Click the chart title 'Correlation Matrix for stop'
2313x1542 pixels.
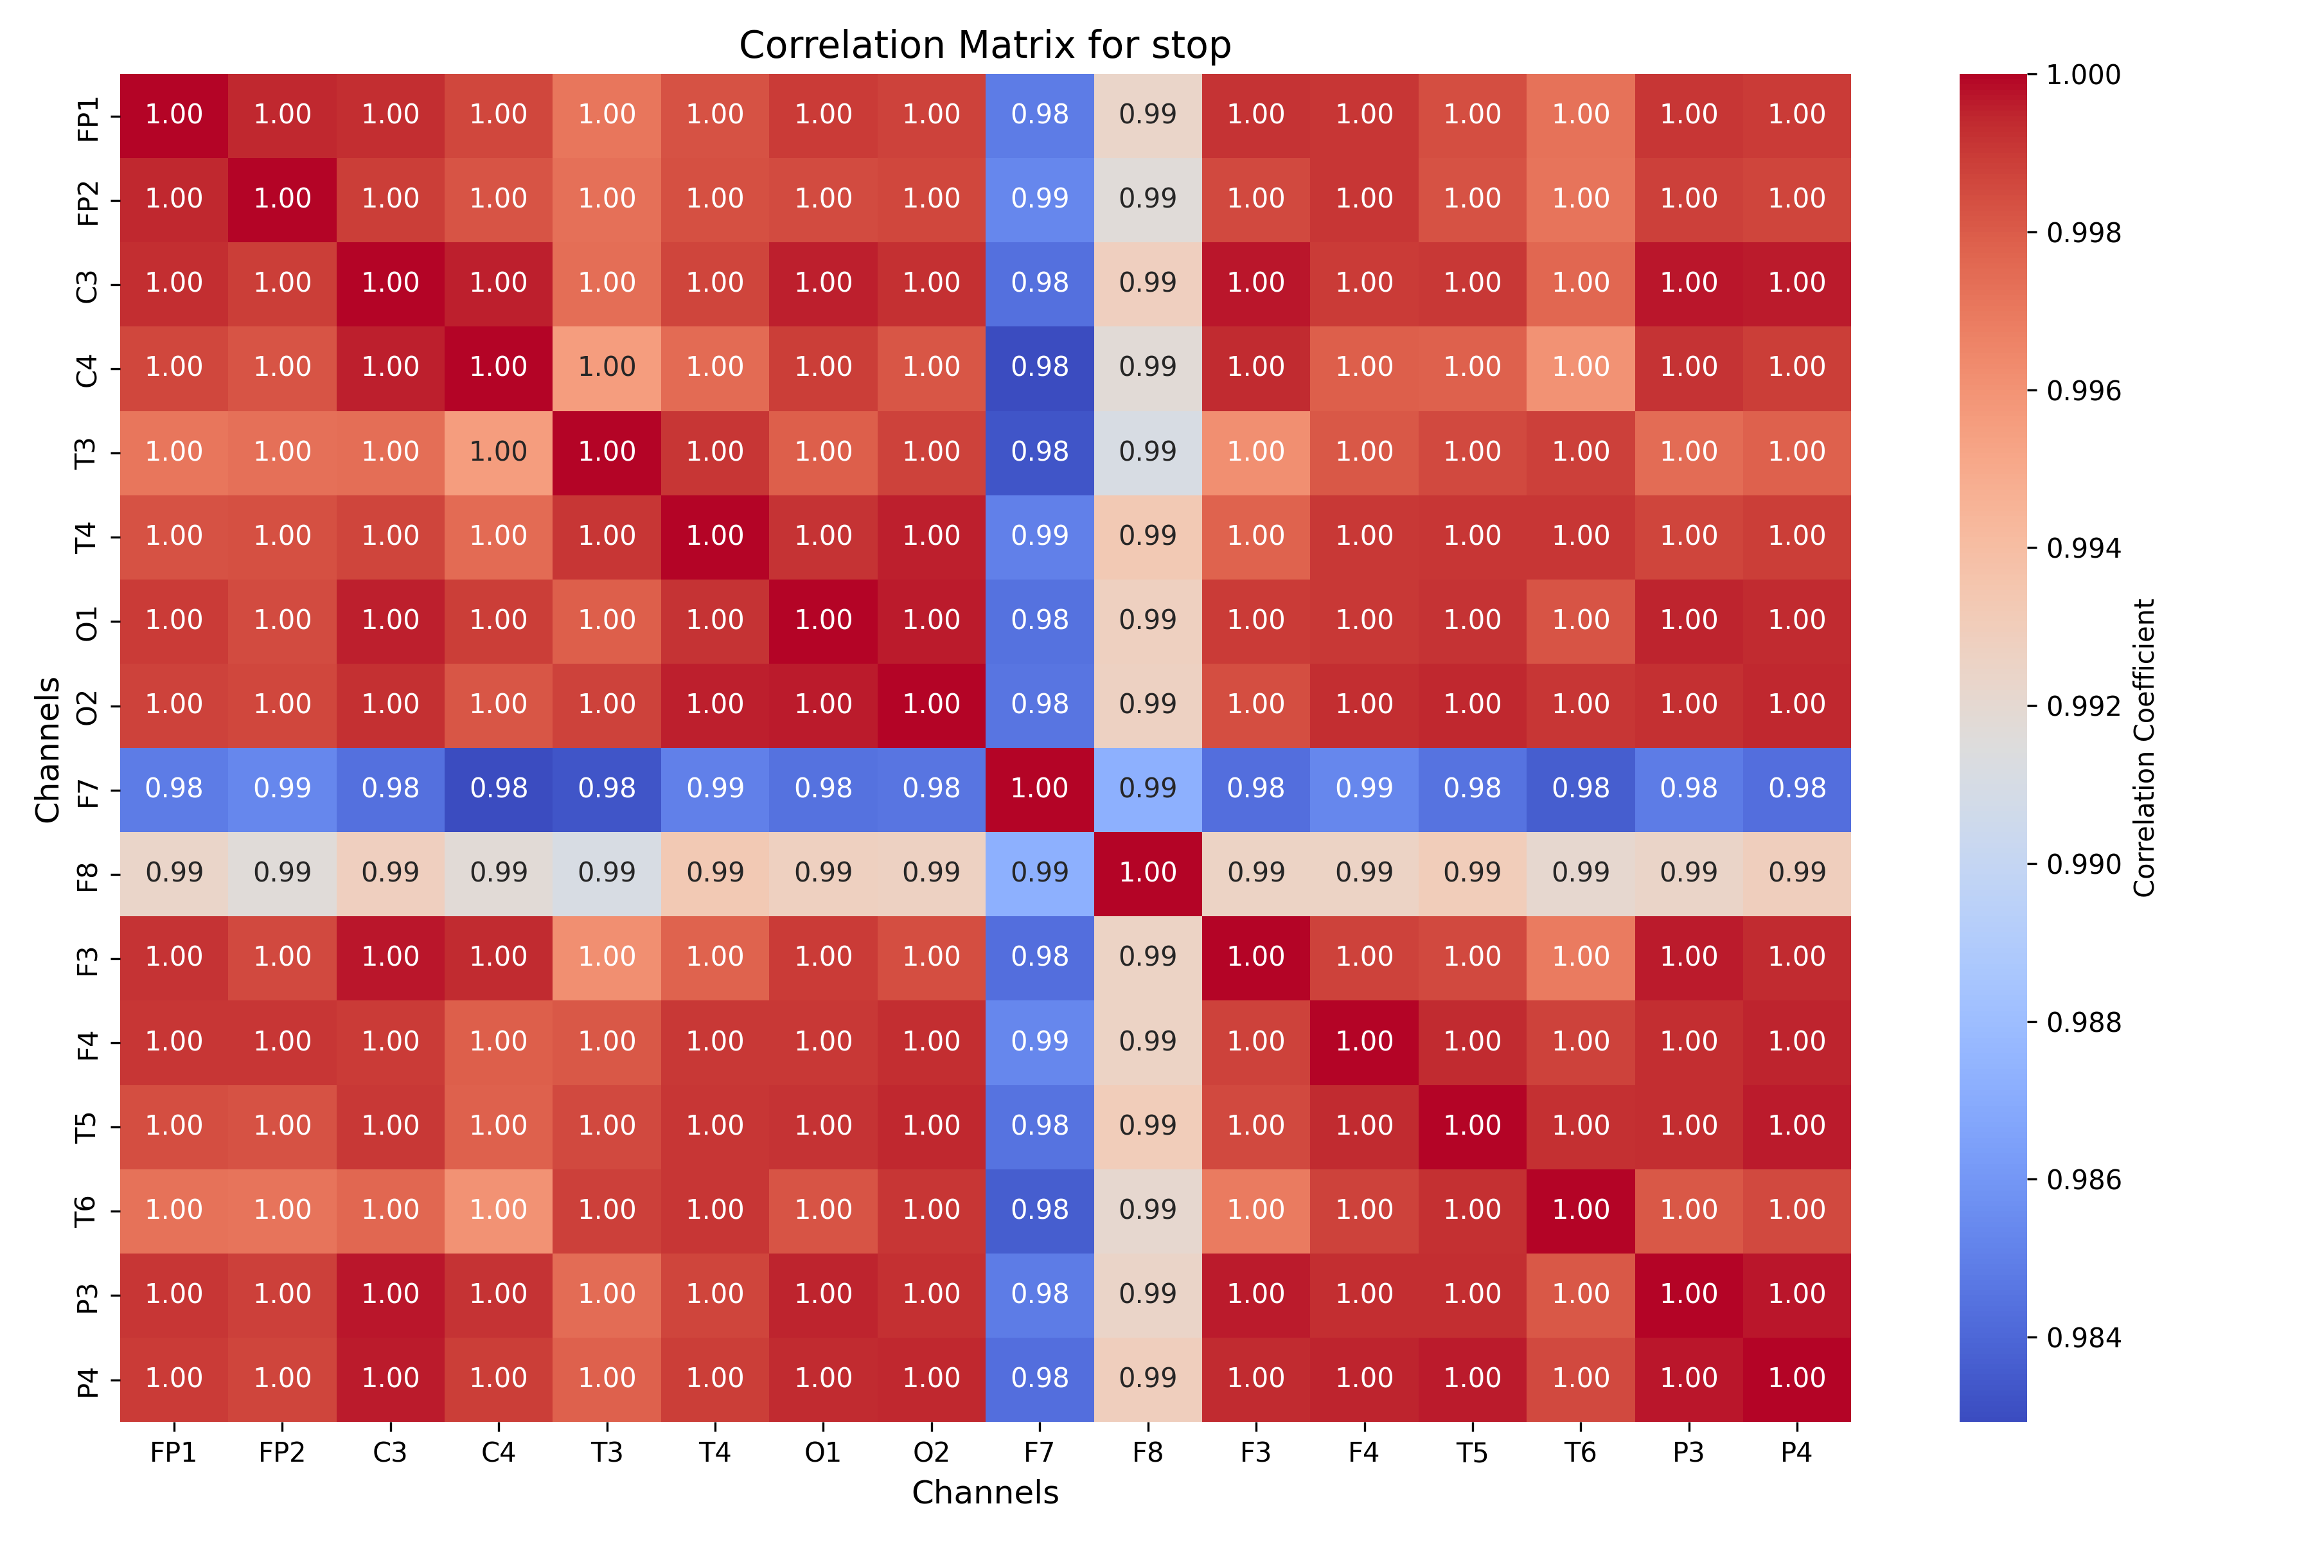pyautogui.click(x=984, y=45)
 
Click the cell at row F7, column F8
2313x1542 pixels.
pyautogui.click(x=1148, y=789)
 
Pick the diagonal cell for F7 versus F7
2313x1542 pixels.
pyautogui.click(x=1040, y=789)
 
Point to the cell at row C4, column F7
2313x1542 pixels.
pyautogui.click(x=1040, y=368)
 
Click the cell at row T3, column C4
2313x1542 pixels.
pyautogui.click(x=499, y=452)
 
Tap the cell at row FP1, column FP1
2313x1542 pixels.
pyautogui.click(x=174, y=115)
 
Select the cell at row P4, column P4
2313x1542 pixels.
pyautogui.click(x=1796, y=1379)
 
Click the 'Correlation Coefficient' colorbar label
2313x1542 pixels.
pyautogui.click(x=2145, y=747)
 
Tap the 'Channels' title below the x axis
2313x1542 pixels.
pyautogui.click(x=984, y=1493)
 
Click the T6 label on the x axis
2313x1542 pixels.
pyautogui.click(x=1581, y=1453)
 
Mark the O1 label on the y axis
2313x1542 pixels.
pyautogui.click(x=87, y=621)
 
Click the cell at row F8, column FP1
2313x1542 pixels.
pyautogui.click(x=174, y=873)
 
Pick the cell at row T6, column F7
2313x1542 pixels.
pyautogui.click(x=1040, y=1210)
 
